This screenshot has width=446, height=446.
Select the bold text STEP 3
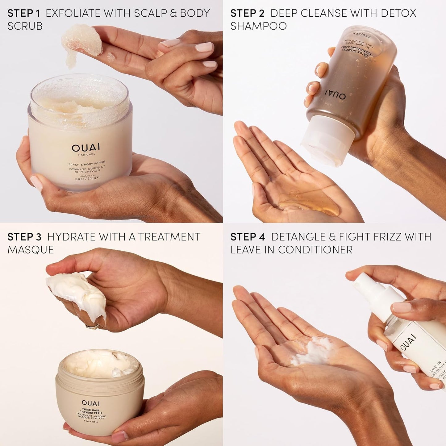pyautogui.click(x=24, y=237)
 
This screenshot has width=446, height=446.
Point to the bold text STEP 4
pyautogui.click(x=248, y=237)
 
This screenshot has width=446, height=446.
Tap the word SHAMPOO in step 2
pyautogui.click(x=258, y=26)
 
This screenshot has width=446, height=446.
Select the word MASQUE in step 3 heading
pyautogui.click(x=31, y=250)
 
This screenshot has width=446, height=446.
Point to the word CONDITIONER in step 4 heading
pyautogui.click(x=315, y=250)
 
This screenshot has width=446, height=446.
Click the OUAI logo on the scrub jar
pyautogui.click(x=81, y=148)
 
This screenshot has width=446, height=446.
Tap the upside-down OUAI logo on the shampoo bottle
pyautogui.click(x=335, y=94)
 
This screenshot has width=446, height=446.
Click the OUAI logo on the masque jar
pyautogui.click(x=91, y=403)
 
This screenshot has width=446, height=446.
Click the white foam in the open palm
pyautogui.click(x=312, y=350)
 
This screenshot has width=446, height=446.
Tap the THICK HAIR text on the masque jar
pyautogui.click(x=91, y=410)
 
